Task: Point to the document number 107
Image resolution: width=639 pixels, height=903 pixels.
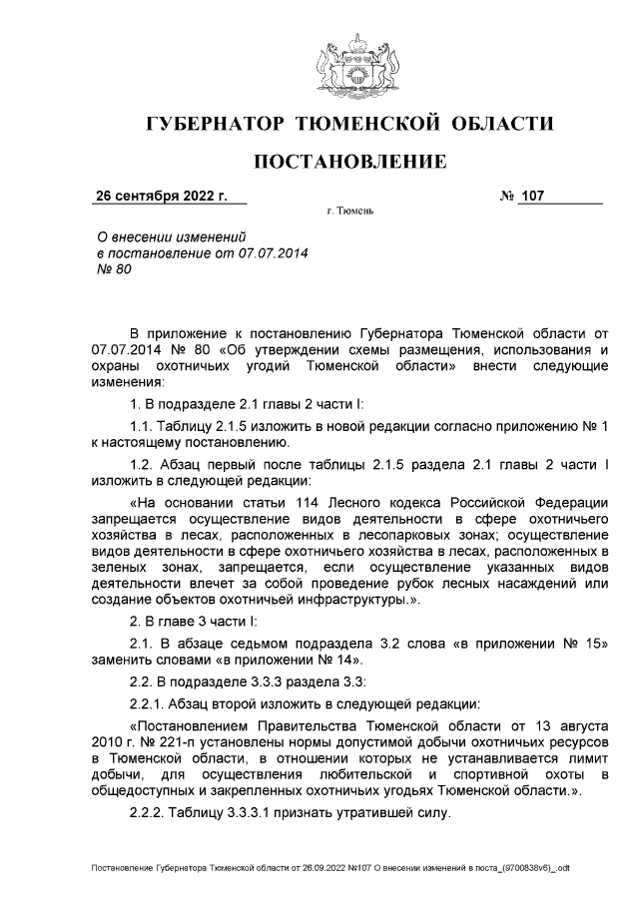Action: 531,196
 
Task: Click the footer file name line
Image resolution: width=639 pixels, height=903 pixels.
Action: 329,869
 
